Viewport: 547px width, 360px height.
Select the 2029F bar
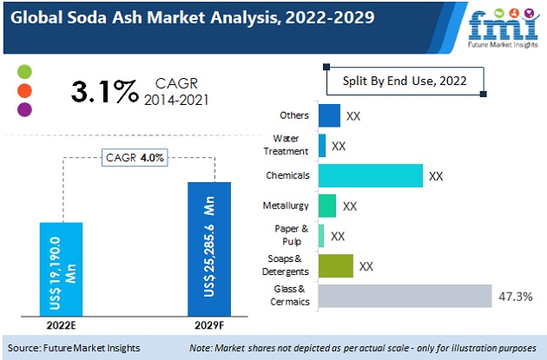[x=209, y=249]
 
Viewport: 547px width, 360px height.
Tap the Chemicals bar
[x=370, y=175]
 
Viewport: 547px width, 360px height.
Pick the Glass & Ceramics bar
[x=405, y=296]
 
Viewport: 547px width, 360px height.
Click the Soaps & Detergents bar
[x=336, y=265]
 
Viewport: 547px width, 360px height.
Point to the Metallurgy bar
[x=327, y=206]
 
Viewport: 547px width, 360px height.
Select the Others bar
[x=329, y=115]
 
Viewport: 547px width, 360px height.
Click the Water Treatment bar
[x=322, y=145]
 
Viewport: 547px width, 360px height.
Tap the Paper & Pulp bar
[x=321, y=235]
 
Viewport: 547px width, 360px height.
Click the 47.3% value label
[x=516, y=297]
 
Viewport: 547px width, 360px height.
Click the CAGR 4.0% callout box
[x=135, y=157]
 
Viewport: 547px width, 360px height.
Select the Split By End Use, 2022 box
[x=404, y=81]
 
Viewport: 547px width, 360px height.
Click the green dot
[x=23, y=70]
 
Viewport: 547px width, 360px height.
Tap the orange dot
[x=23, y=89]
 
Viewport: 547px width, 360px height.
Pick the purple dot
[x=23, y=109]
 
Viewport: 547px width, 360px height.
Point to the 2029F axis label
[x=208, y=326]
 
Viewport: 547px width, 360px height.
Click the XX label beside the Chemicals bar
[x=436, y=176]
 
